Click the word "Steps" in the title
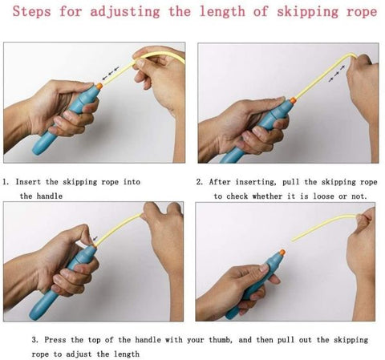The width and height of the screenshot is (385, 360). point(31,12)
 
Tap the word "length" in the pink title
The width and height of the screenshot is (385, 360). point(222,12)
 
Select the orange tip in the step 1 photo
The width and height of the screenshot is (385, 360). point(99,86)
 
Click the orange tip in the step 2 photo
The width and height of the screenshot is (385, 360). point(292,100)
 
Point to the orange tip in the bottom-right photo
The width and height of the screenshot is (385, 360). point(282,253)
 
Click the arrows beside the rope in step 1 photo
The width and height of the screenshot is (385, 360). point(111,74)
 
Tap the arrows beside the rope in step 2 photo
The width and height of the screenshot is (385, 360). point(337,73)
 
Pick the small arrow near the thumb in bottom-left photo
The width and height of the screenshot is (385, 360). point(95,238)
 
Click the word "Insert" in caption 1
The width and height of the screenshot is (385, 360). point(28,182)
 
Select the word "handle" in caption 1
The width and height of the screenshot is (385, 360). point(50,196)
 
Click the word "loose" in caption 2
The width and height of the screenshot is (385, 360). point(323,196)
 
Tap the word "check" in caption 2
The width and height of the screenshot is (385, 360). point(237,196)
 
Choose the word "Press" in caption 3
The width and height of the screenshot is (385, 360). point(55,340)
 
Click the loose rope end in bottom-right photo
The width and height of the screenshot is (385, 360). point(292,240)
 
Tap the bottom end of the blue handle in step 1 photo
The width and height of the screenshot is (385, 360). point(37,152)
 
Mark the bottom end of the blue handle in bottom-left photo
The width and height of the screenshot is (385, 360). point(33,318)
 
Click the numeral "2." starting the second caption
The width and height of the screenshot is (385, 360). point(200,182)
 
